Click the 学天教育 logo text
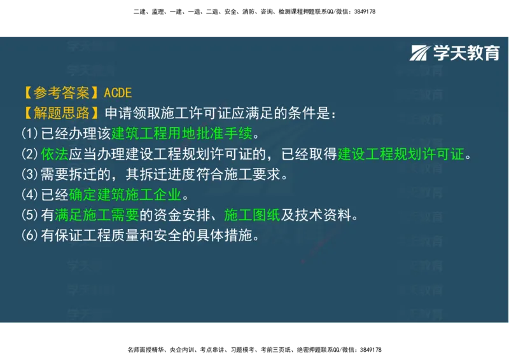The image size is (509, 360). tap(466, 53)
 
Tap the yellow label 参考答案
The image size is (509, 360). tap(61, 93)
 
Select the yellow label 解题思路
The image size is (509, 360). tap(61, 113)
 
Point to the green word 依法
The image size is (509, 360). tap(50, 154)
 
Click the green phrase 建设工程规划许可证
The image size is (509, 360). tap(401, 154)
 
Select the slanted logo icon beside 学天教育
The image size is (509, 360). tap(420, 53)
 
